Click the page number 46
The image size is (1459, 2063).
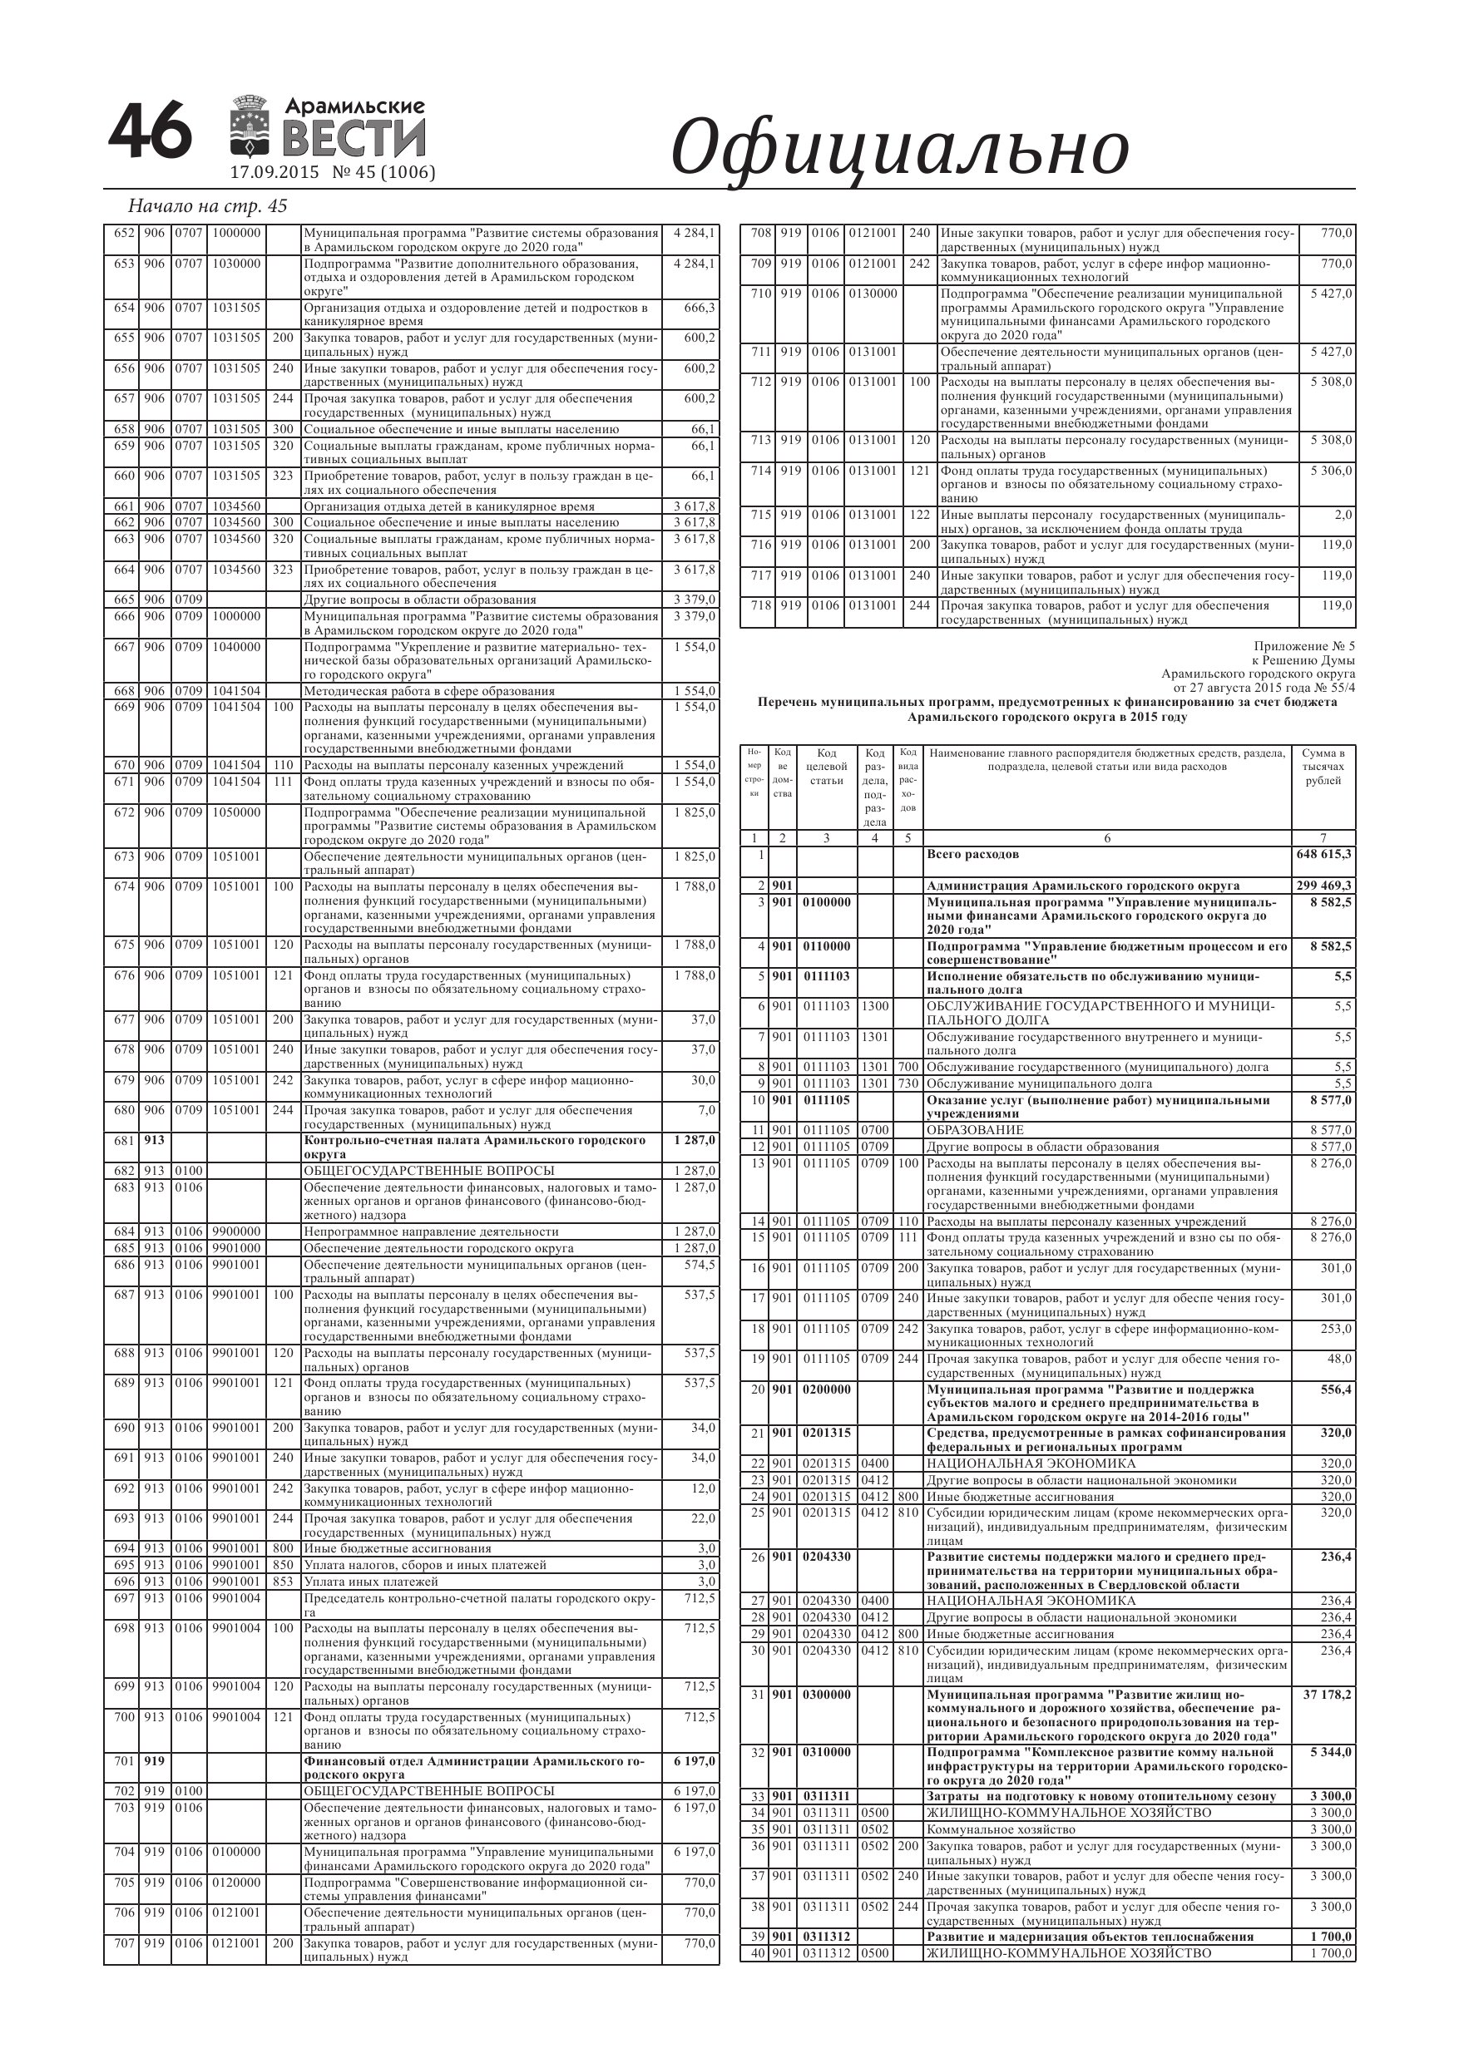pyautogui.click(x=150, y=131)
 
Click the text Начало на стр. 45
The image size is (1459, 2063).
pyautogui.click(x=208, y=205)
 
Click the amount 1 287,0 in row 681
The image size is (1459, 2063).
pyautogui.click(x=695, y=1140)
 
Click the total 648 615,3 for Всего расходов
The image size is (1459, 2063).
pyautogui.click(x=1323, y=854)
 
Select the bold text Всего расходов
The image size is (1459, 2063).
pyautogui.click(x=972, y=854)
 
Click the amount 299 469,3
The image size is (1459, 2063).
pyautogui.click(x=1323, y=885)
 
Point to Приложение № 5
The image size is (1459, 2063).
pyautogui.click(x=1303, y=646)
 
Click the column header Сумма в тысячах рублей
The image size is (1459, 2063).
pyautogui.click(x=1323, y=767)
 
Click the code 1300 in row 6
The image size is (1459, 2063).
pyautogui.click(x=875, y=1006)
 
